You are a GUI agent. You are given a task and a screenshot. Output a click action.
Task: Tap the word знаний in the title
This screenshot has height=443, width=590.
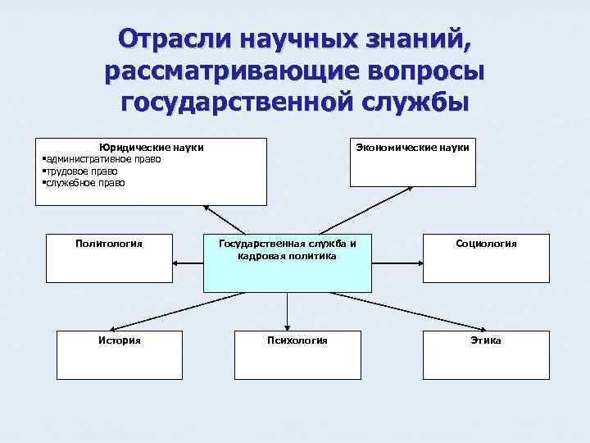click(406, 39)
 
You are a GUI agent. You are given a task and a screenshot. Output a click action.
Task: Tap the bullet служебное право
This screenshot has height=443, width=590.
click(84, 182)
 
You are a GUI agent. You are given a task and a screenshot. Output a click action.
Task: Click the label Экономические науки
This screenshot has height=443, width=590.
click(412, 147)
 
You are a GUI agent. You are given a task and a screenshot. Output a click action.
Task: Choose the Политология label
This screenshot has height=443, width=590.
click(108, 243)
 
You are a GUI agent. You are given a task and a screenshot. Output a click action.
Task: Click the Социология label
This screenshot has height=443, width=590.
click(486, 243)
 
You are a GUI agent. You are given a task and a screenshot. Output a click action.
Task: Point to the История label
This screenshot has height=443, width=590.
click(119, 340)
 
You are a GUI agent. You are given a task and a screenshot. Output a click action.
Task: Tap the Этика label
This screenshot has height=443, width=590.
click(486, 340)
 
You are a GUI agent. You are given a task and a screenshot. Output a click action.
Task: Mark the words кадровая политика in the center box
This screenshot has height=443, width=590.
click(287, 255)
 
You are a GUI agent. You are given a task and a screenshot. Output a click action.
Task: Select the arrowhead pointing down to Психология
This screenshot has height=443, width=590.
click(287, 326)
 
